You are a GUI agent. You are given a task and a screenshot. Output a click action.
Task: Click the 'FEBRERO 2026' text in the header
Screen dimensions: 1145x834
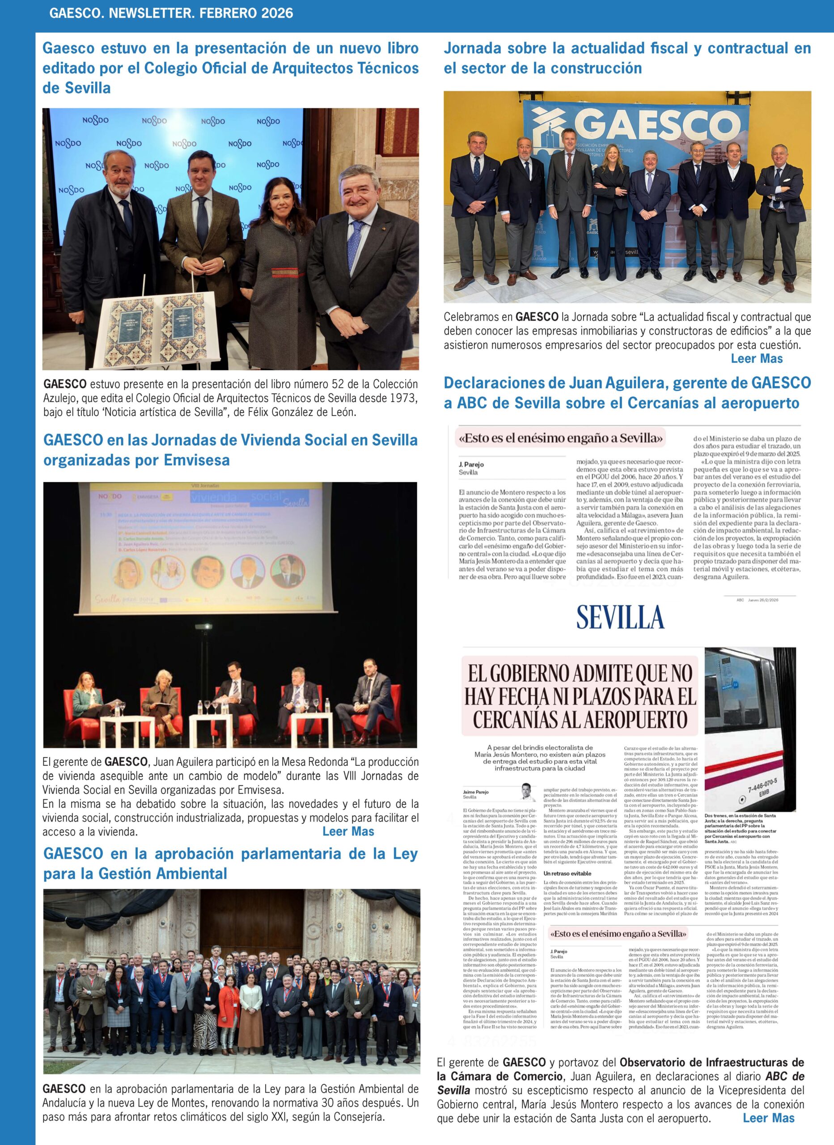pos(246,13)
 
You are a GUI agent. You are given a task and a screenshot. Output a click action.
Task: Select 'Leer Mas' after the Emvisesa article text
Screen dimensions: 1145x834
pos(348,831)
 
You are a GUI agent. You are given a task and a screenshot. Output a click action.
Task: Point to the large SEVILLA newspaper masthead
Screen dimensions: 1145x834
pos(620,617)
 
